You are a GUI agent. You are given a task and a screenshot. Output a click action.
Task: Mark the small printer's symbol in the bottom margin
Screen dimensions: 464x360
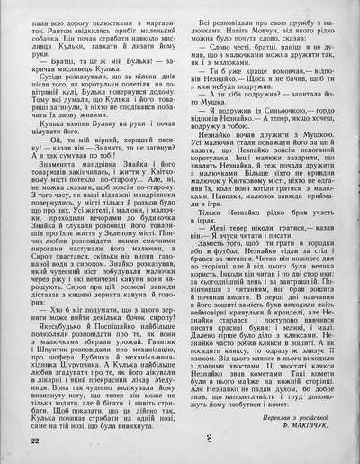pyautogui.click(x=180, y=441)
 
